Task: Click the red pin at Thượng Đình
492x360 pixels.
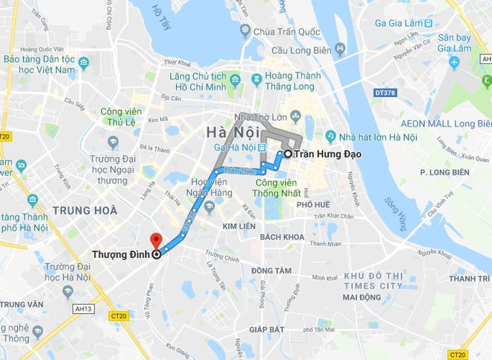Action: coord(155,241)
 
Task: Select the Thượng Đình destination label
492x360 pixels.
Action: coord(119,254)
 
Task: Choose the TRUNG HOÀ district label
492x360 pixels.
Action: coord(85,210)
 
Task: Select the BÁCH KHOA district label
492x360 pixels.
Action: coord(283,237)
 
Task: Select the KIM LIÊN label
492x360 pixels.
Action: coord(239,225)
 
